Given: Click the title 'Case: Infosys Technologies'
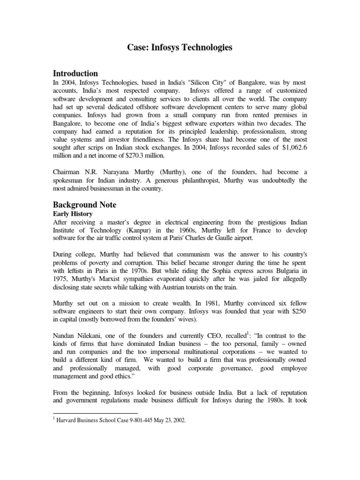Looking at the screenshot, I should tap(180, 47).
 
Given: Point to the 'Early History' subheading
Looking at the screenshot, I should tap(73, 214).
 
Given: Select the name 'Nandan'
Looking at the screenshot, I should tap(67, 336).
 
